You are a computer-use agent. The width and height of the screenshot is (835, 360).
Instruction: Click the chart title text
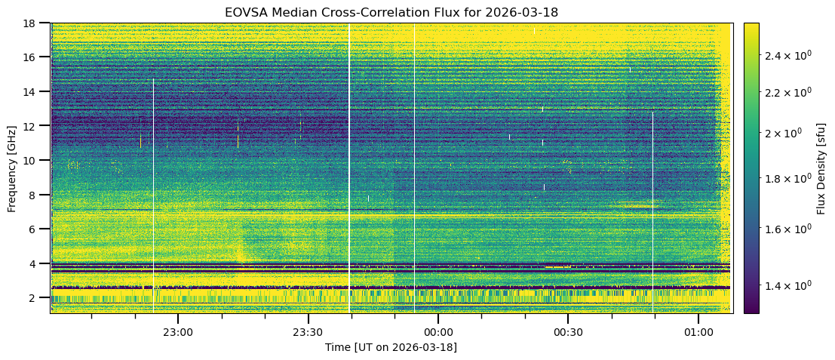[x=391, y=13]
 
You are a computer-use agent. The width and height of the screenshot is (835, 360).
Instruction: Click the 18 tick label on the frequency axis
[x=33, y=23]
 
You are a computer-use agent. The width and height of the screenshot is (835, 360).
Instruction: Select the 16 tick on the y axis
[x=33, y=57]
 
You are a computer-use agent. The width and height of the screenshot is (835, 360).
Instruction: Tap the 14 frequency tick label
[x=33, y=91]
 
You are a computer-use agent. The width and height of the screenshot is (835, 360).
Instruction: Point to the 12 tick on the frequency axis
[x=33, y=126]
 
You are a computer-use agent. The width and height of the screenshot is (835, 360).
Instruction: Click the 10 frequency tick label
[x=33, y=160]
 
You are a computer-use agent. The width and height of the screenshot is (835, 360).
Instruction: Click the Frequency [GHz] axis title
[x=12, y=168]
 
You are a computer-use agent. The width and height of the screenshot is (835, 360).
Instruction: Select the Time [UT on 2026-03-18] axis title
[x=391, y=347]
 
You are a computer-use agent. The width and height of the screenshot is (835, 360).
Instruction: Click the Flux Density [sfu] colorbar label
[x=821, y=168]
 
